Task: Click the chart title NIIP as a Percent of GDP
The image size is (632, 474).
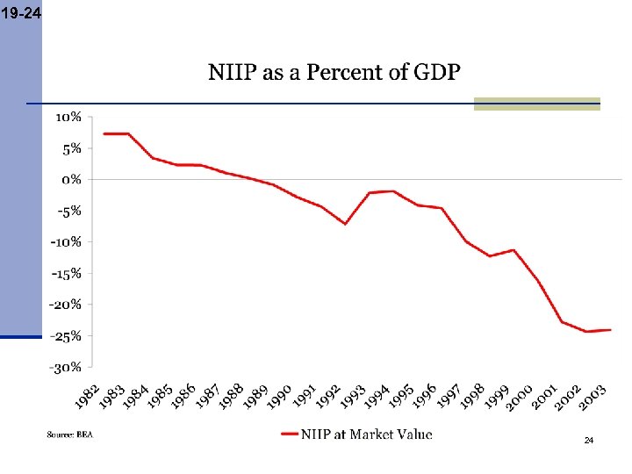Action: point(334,72)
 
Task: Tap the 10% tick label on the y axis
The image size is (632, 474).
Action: point(69,117)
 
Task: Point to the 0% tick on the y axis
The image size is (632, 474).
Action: point(72,179)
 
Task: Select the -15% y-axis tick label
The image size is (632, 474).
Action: point(67,273)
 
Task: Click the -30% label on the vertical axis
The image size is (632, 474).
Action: point(67,367)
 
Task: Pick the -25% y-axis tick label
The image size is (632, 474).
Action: point(67,335)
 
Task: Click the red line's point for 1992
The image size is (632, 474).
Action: point(345,224)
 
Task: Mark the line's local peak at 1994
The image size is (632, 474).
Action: point(393,190)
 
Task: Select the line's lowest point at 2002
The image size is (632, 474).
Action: point(585,332)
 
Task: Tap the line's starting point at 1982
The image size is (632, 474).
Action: point(104,133)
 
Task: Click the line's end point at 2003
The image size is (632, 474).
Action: point(610,330)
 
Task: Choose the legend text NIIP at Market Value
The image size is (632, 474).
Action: point(367,434)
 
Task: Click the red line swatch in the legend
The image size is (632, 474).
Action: point(290,434)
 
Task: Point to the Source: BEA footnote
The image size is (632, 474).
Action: point(69,434)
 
